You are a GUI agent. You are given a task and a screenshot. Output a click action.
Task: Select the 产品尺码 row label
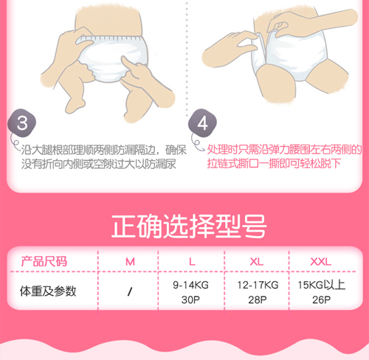[x=44, y=261]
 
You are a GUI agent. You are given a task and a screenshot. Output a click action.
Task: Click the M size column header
[x=130, y=261]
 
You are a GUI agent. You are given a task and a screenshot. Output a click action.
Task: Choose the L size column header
[x=192, y=261]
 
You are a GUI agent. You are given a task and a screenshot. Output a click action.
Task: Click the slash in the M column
[x=130, y=291]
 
